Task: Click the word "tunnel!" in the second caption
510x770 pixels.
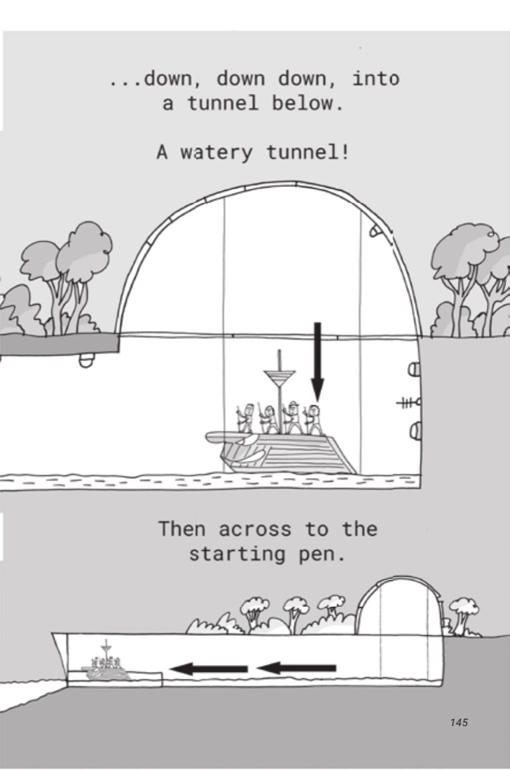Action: click(x=308, y=152)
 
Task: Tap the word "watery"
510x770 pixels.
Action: click(x=216, y=153)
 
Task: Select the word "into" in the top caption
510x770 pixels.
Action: click(x=376, y=78)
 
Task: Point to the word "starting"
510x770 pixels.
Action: click(x=237, y=554)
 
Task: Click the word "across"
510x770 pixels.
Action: click(x=255, y=529)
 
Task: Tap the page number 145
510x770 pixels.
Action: click(x=458, y=722)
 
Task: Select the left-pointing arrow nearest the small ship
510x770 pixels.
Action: click(x=208, y=668)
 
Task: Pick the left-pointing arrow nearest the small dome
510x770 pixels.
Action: click(x=296, y=668)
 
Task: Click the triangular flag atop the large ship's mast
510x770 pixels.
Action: click(x=280, y=379)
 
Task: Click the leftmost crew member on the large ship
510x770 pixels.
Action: click(x=246, y=419)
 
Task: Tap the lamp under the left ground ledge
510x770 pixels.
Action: click(x=86, y=361)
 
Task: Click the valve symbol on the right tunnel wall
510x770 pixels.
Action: click(x=409, y=403)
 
